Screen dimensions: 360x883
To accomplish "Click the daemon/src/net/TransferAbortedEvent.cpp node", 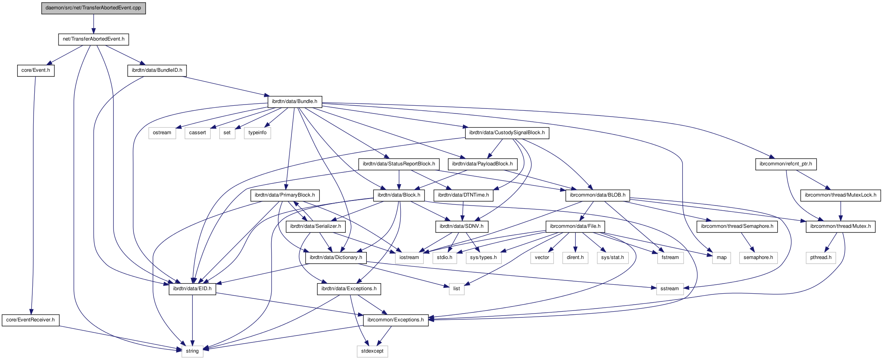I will [93, 8].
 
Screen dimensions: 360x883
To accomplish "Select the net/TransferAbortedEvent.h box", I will [94, 39].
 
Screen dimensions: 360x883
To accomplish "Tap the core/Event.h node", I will [36, 70].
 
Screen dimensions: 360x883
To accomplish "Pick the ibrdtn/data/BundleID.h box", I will [157, 70].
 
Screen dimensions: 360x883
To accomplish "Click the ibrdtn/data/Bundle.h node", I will [295, 101].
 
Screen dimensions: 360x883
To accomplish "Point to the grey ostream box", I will [162, 133].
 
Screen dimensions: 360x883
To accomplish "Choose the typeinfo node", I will [258, 133].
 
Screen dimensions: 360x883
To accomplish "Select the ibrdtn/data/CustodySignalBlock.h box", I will [507, 133].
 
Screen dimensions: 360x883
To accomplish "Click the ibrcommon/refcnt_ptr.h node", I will [785, 164].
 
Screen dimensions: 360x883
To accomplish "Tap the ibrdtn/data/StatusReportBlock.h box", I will [399, 164].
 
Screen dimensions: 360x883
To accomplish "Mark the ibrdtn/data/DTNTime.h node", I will [463, 195].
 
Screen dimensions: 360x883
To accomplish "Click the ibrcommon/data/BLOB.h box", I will [597, 195].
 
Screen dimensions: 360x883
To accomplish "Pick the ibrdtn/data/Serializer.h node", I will [315, 226].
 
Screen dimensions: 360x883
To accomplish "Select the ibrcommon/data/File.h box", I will [575, 226].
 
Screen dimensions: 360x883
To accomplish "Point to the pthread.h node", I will [821, 257].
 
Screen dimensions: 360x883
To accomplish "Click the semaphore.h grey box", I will [758, 257].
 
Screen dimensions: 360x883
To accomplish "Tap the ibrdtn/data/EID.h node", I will [192, 289].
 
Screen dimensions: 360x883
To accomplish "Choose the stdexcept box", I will [372, 351].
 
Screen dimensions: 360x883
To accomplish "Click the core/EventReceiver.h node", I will [30, 320].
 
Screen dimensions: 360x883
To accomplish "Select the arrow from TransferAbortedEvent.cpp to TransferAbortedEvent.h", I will [93, 24].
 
